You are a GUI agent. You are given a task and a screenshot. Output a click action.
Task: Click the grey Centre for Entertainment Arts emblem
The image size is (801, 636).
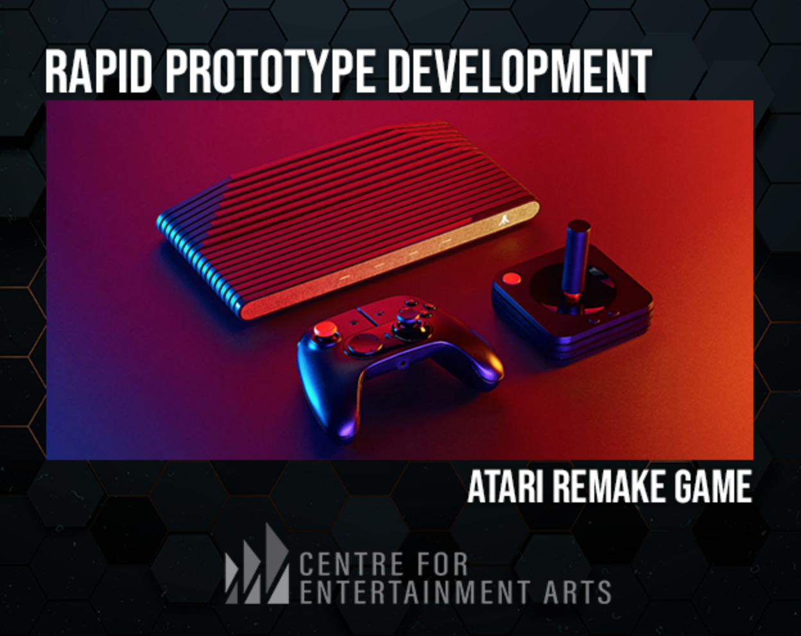(257, 565)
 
